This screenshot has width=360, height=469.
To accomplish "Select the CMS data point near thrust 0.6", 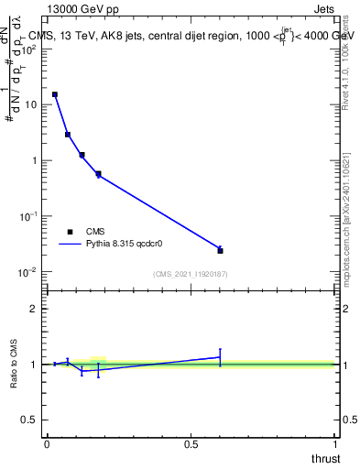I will [x=220, y=250].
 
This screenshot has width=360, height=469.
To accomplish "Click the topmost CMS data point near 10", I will [x=55, y=94].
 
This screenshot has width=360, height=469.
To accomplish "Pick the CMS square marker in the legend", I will [x=70, y=232].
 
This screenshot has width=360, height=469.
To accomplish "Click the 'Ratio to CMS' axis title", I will [x=15, y=364].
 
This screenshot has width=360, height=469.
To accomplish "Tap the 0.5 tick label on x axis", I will [x=191, y=443].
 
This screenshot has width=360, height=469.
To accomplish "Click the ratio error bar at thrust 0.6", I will [x=220, y=357].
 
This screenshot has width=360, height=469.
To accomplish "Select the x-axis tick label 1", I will [x=336, y=443].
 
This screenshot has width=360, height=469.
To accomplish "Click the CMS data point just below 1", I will [x=98, y=173].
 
